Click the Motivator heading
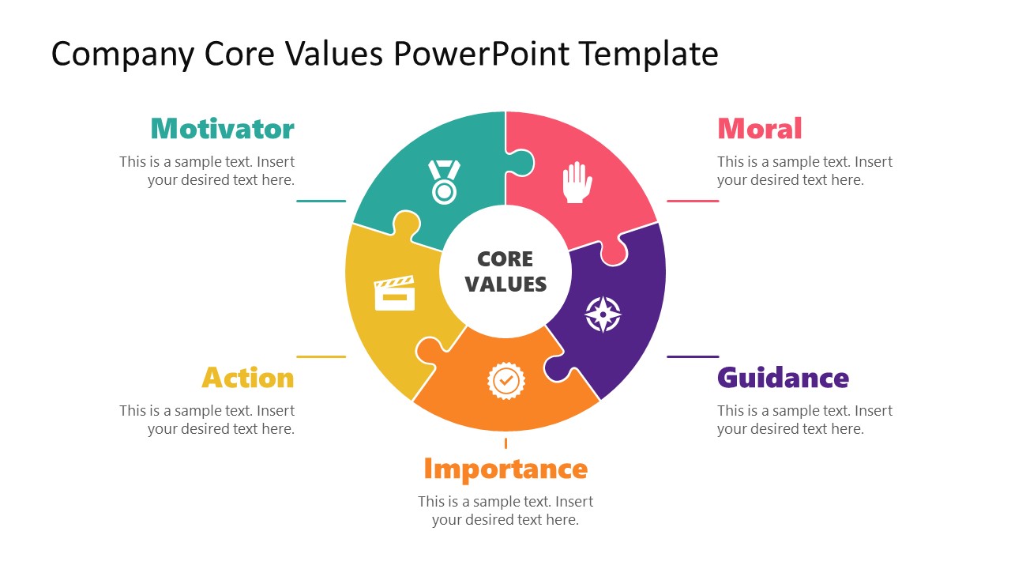222,129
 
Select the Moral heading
759,129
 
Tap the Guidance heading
783,378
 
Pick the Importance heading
505,469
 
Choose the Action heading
248,378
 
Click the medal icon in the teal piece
444,182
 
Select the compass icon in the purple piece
603,315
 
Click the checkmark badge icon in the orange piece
505,380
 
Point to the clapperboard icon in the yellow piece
394,293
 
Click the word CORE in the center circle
505,259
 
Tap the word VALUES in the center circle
505,284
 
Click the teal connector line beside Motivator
321,201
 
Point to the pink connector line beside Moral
693,201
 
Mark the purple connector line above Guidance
693,356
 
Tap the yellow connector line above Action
321,356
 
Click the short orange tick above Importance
505,443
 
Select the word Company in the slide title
123,54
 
